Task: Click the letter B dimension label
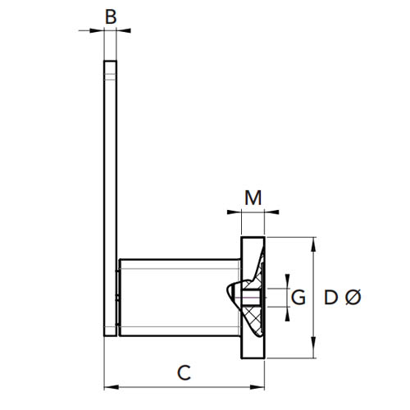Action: tap(111, 17)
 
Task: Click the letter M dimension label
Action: tap(253, 198)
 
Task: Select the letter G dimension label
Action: tap(298, 297)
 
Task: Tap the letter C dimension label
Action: tap(184, 372)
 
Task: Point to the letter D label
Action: tap(330, 297)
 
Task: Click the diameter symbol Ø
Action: tap(353, 297)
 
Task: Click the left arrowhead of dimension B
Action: tap(97, 30)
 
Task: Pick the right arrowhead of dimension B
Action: tap(124, 30)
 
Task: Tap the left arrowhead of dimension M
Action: tap(235, 212)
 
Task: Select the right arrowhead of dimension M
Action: tap(271, 212)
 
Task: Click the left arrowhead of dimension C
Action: tap(112, 387)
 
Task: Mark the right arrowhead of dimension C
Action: tap(257, 387)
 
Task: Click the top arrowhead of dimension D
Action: tap(313, 244)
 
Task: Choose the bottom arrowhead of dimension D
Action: tap(313, 351)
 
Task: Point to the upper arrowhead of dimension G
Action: tap(287, 281)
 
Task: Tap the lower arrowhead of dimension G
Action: tap(287, 314)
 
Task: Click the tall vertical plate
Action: tap(111, 198)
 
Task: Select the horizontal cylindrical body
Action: tap(180, 298)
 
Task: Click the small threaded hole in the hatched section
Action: tap(251, 298)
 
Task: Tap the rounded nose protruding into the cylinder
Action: tap(233, 295)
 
